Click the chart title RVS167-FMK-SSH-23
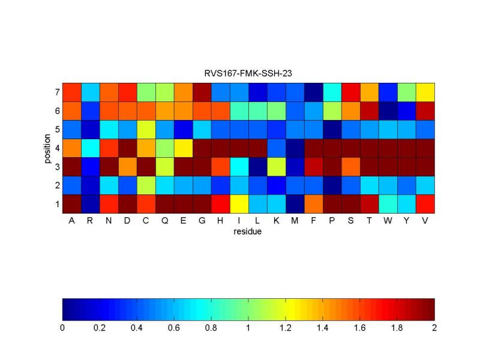[x=248, y=73]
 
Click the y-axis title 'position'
[x=48, y=148]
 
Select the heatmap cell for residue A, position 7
[x=71, y=92]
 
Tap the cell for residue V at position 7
[x=425, y=92]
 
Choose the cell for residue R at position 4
[x=90, y=148]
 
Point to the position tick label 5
[x=56, y=130]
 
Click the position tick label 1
[x=56, y=204]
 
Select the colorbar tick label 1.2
[x=285, y=328]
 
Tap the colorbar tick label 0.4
[x=136, y=328]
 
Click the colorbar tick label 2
[x=434, y=328]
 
